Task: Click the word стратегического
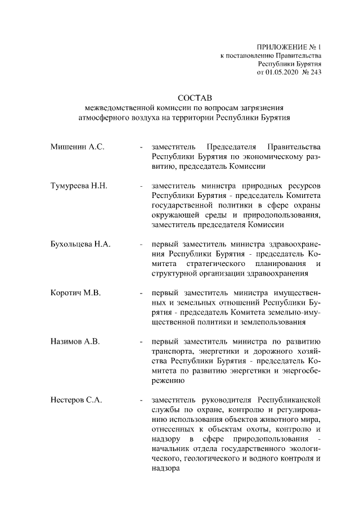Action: (215, 264)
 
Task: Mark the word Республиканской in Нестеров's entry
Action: (289, 400)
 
